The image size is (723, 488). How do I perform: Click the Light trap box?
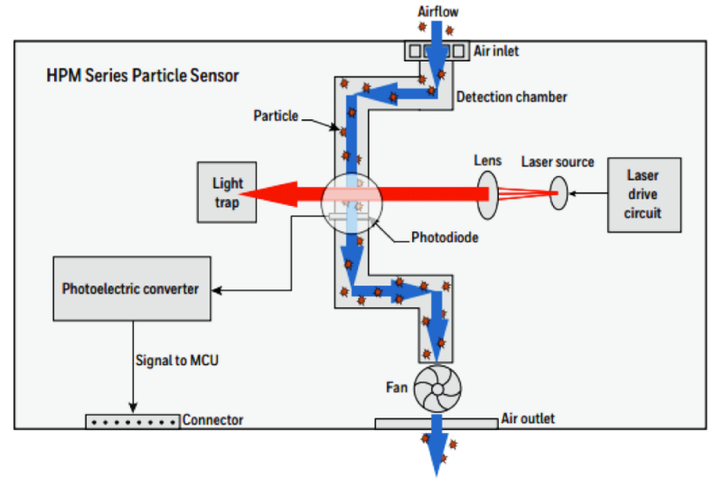click(227, 191)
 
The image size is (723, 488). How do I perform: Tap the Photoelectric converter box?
click(131, 288)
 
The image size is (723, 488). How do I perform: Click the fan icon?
click(437, 389)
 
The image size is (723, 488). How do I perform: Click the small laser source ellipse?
click(559, 192)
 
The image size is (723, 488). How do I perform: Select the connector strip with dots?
click(133, 421)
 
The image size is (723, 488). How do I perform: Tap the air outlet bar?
click(437, 422)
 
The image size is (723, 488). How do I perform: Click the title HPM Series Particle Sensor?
click(143, 74)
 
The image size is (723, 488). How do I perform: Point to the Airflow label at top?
click(438, 12)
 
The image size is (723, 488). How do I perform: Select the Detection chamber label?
click(512, 96)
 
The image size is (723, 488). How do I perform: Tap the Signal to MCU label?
click(176, 360)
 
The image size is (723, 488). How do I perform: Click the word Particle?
click(276, 116)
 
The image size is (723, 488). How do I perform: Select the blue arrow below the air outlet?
click(438, 452)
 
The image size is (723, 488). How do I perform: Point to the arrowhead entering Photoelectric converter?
click(218, 289)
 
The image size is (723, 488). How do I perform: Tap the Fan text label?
click(397, 389)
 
